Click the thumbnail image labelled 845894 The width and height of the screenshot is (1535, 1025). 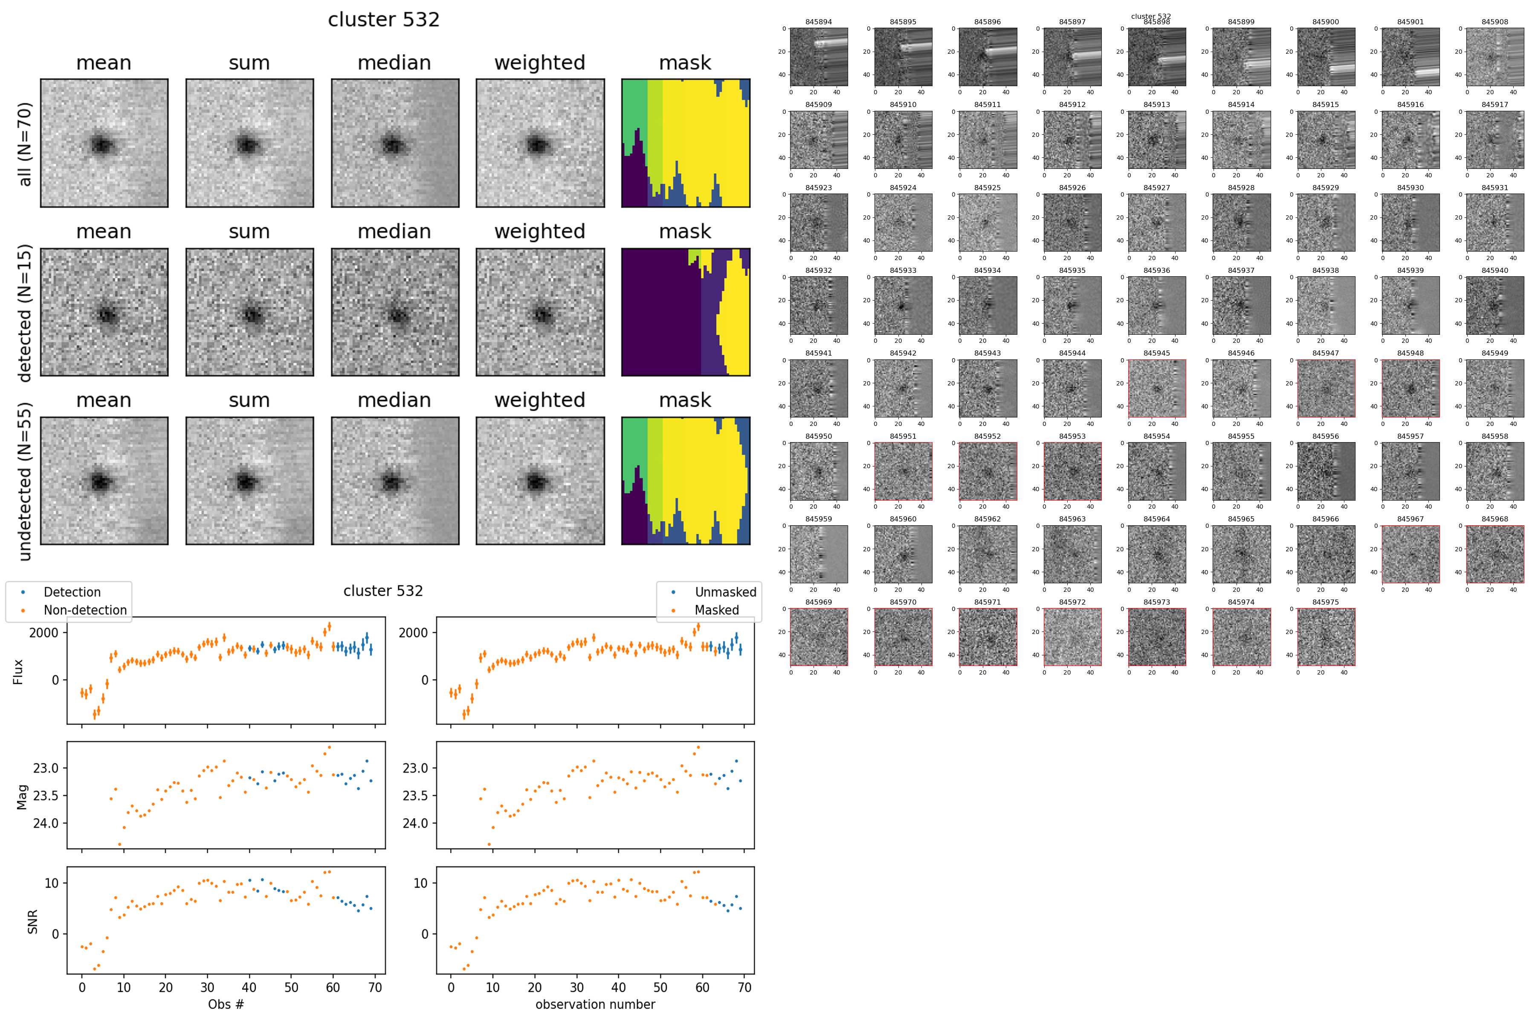[819, 57]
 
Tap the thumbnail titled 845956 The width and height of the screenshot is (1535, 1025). [1326, 471]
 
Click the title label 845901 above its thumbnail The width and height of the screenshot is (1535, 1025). [1410, 22]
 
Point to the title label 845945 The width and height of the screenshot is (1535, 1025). [1156, 353]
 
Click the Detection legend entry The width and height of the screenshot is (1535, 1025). [72, 592]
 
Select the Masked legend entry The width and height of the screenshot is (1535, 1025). [716, 610]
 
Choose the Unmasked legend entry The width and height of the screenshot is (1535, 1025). [725, 592]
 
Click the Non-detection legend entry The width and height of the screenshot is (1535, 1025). [85, 610]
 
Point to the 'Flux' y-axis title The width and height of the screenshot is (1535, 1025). [18, 672]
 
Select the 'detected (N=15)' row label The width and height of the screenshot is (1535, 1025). [24, 313]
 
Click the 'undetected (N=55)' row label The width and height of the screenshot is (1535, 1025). [24, 481]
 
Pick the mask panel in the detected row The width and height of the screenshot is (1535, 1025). [685, 313]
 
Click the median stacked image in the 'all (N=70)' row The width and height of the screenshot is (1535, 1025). [395, 143]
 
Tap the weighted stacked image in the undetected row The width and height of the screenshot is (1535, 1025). [540, 481]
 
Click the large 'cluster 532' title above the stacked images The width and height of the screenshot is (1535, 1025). [384, 20]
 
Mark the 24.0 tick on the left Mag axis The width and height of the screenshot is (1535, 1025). [46, 823]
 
